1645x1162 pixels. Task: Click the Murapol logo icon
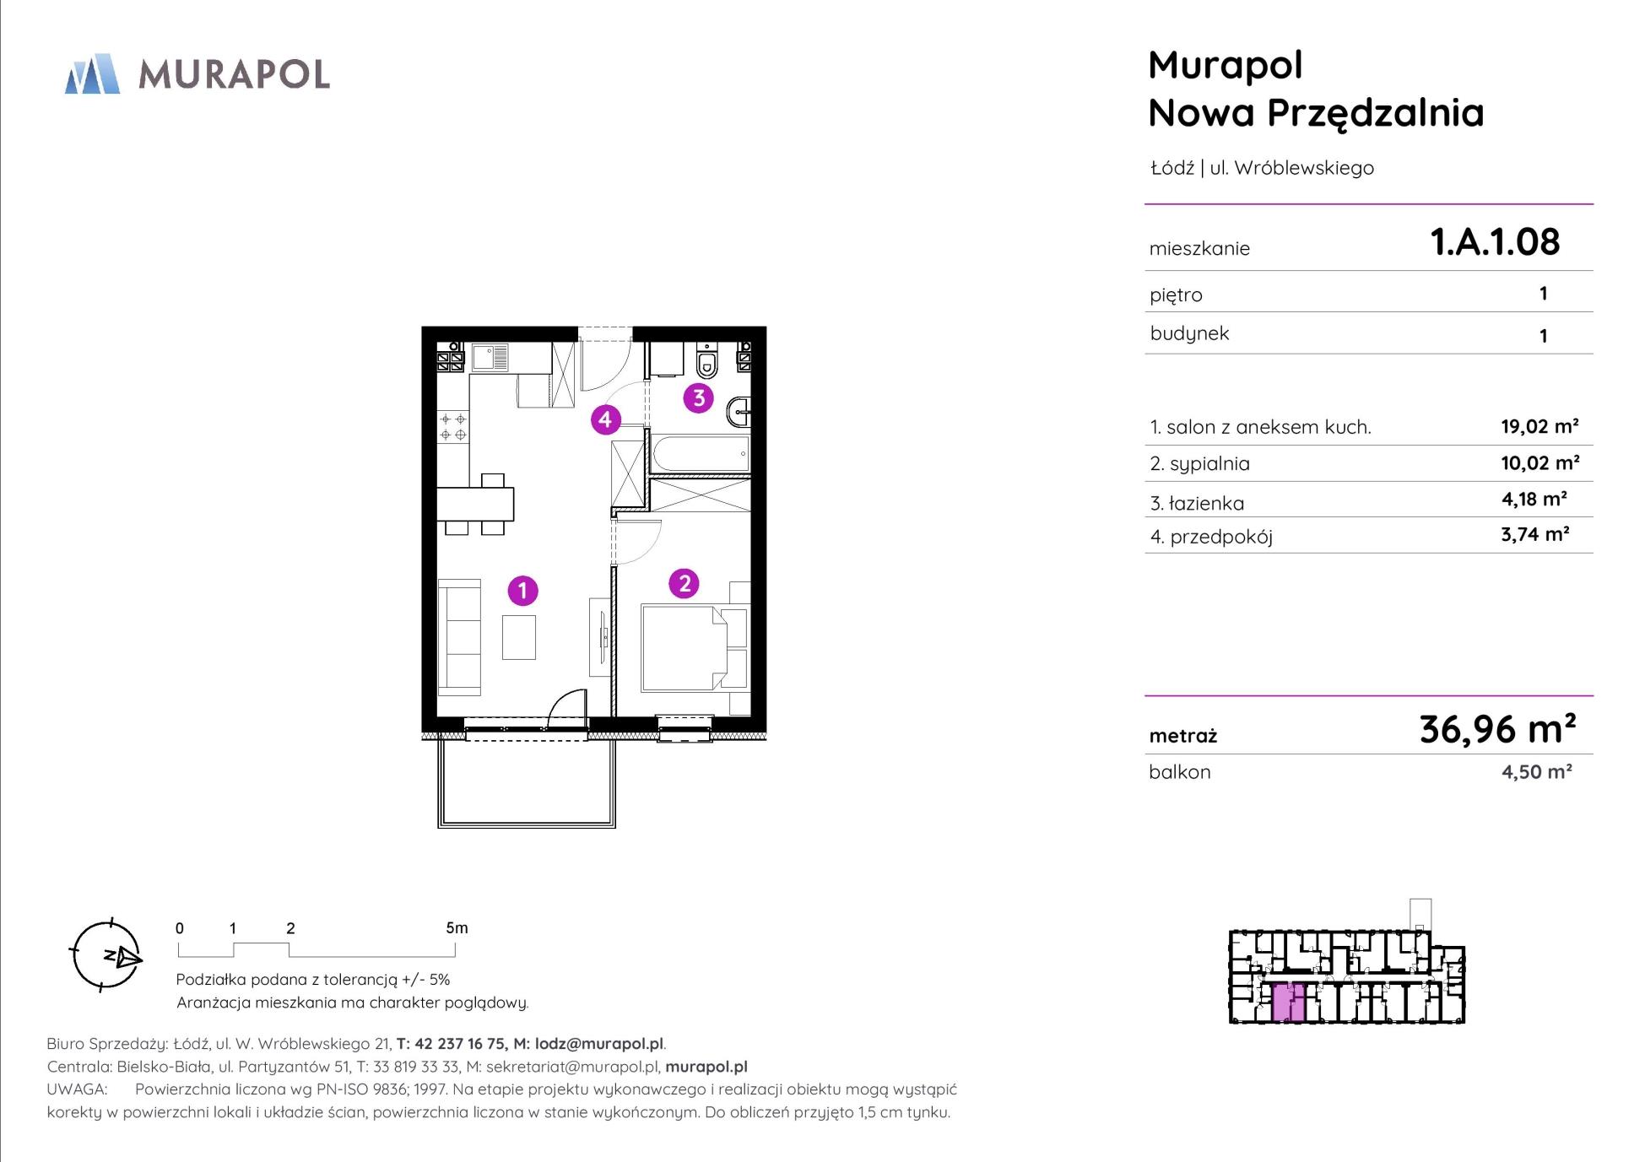92,73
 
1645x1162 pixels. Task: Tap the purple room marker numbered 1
522,591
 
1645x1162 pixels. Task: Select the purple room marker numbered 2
684,583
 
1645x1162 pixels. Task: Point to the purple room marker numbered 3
698,397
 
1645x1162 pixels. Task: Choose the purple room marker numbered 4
605,419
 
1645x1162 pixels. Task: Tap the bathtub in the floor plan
701,455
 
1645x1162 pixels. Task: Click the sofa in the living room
458,636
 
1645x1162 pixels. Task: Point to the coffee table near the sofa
518,637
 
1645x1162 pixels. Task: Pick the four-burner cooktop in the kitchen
453,427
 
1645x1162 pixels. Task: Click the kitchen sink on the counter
490,357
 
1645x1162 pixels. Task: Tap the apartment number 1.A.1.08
1495,242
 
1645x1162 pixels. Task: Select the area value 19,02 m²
1539,426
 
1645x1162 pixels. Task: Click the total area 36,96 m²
1497,729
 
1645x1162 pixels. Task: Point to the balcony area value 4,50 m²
1536,771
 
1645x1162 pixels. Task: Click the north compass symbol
106,955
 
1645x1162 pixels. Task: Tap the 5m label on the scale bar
457,927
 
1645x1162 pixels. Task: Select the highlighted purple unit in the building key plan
1288,1003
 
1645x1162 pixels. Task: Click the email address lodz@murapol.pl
600,1044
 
